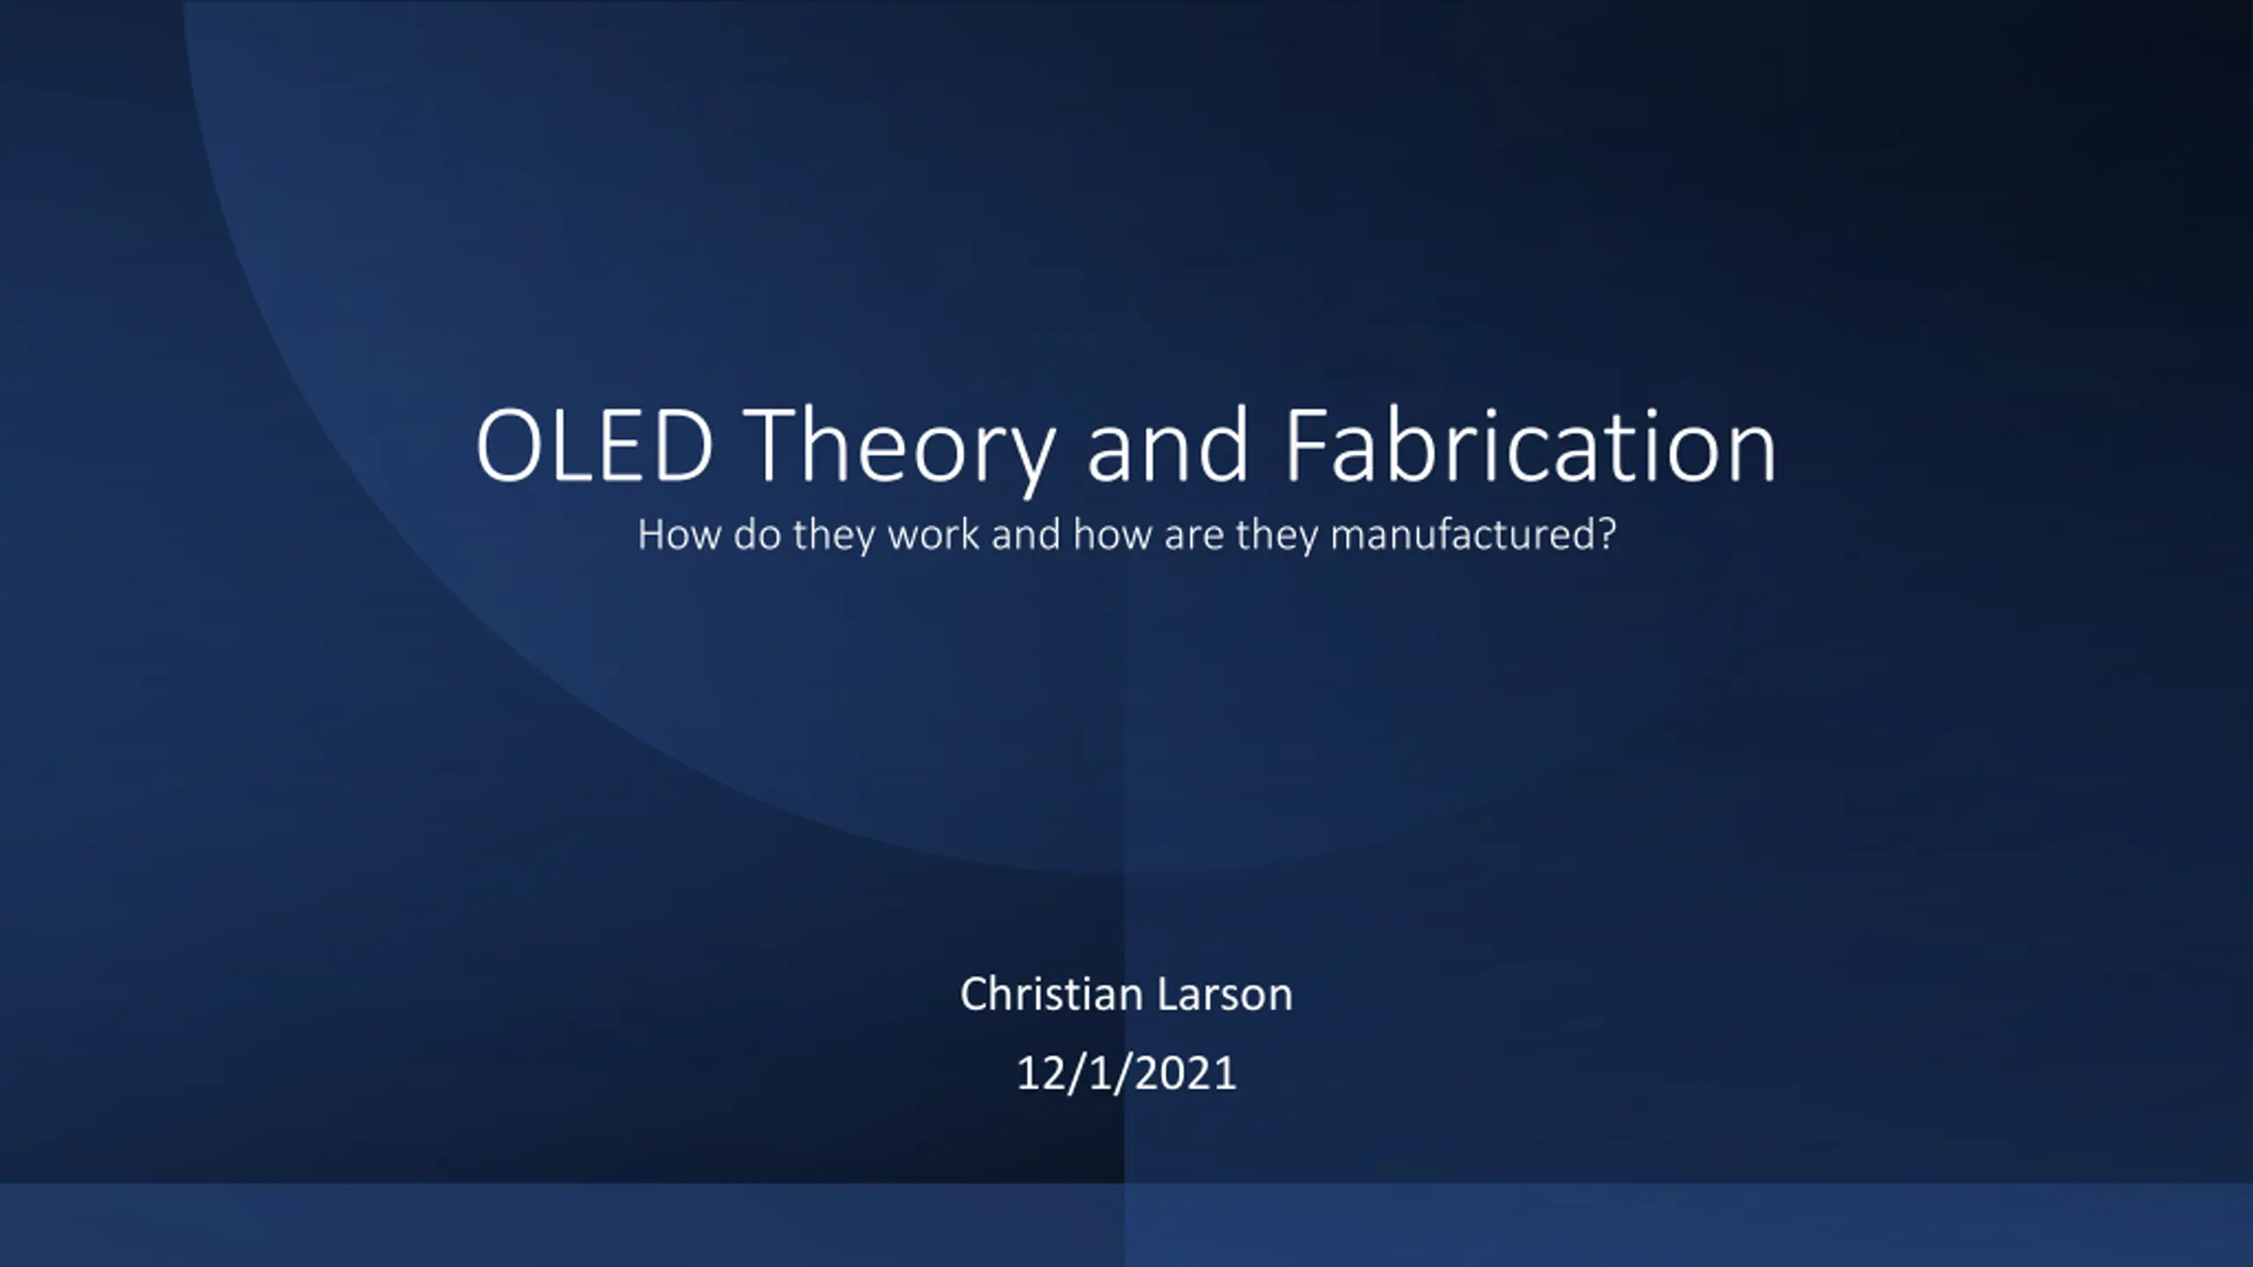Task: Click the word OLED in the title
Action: click(594, 446)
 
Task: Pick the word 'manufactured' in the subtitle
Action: click(1463, 535)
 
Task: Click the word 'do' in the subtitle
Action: click(757, 535)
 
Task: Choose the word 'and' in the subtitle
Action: click(1026, 535)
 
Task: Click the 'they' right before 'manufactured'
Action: click(1277, 537)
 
